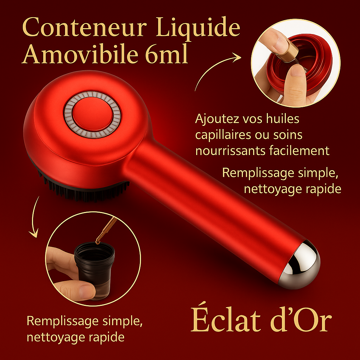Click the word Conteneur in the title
click(85, 27)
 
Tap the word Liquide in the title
click(198, 28)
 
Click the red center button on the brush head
click(92, 114)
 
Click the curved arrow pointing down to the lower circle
click(34, 217)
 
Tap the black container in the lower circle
click(95, 271)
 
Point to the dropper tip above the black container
click(98, 242)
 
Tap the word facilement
click(300, 150)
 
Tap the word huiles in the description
click(283, 119)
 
